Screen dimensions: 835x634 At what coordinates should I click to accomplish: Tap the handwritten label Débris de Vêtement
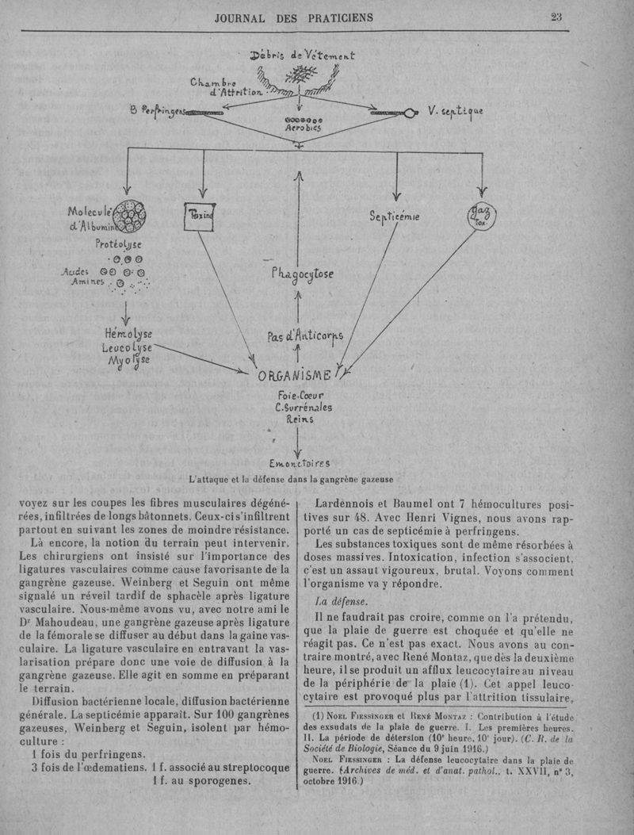302,56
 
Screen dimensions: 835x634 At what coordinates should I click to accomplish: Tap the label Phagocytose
302,274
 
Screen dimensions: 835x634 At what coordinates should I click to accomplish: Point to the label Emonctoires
299,464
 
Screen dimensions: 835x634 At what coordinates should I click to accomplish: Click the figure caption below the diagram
291,479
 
